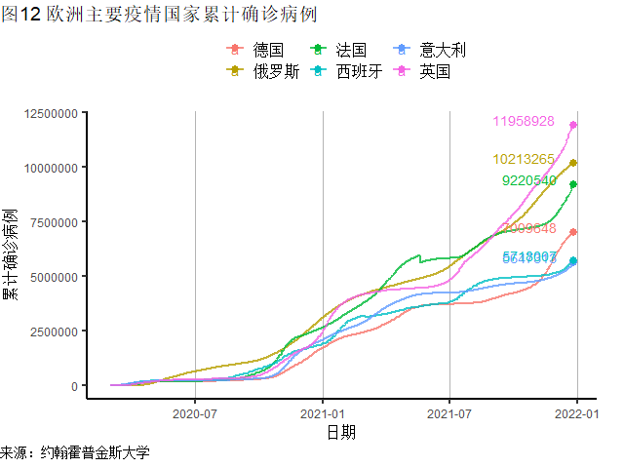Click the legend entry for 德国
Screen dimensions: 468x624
(x=256, y=50)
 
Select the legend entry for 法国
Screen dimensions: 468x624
(x=339, y=50)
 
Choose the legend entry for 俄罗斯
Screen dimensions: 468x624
(x=264, y=71)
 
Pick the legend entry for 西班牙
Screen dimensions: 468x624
(x=347, y=71)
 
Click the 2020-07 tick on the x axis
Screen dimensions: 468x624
(x=195, y=412)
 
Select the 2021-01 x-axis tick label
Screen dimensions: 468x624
(x=322, y=412)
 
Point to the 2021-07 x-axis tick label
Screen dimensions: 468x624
(x=449, y=412)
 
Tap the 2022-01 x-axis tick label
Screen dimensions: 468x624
(x=575, y=412)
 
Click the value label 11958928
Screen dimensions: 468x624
(x=524, y=122)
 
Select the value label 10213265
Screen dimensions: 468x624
(x=524, y=159)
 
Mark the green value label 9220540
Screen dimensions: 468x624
(x=528, y=180)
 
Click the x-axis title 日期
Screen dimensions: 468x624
(x=341, y=431)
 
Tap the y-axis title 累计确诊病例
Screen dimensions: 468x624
(x=11, y=253)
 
